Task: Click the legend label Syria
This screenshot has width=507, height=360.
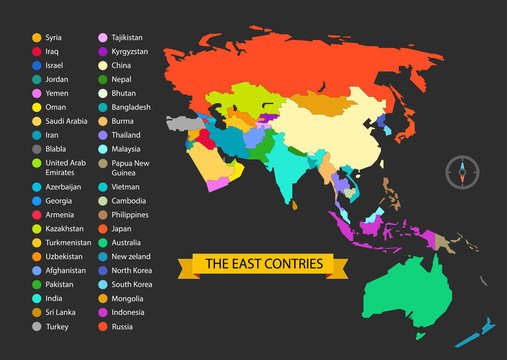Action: tap(54, 37)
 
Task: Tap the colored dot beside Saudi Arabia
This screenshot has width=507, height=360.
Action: tap(37, 120)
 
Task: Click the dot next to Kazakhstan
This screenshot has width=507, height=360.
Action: tap(37, 229)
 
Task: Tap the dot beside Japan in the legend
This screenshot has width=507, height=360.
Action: tap(102, 228)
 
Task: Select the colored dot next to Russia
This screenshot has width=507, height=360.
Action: tap(102, 325)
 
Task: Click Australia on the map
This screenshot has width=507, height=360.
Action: tap(421, 290)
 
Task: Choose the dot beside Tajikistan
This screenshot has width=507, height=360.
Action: tap(102, 37)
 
